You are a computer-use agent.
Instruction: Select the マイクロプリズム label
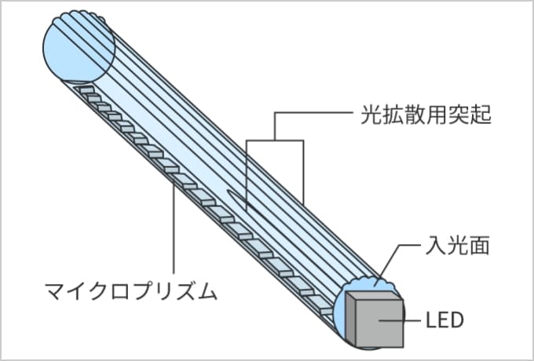click(130, 294)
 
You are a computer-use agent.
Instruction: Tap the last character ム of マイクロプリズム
click(207, 294)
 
